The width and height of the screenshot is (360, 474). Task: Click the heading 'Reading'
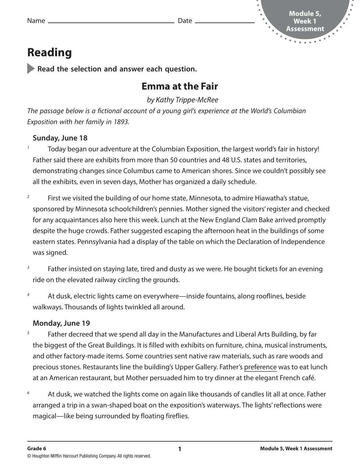(x=49, y=53)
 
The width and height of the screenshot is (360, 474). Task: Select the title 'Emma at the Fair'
(x=179, y=86)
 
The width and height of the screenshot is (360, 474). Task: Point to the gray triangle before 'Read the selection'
(x=31, y=69)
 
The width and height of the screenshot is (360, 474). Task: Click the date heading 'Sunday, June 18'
(x=60, y=138)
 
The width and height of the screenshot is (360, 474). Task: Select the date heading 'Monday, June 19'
(x=61, y=323)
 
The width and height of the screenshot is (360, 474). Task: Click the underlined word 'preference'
(x=260, y=367)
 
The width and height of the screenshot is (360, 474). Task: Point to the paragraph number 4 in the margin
(x=28, y=295)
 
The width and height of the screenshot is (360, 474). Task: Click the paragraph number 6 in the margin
(x=28, y=393)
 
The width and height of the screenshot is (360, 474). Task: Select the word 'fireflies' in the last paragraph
(x=173, y=416)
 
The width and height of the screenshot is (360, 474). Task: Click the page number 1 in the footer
(x=179, y=449)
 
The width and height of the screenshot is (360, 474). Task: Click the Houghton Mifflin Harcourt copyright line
(x=89, y=456)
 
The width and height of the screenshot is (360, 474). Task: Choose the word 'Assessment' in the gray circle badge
(x=305, y=29)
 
